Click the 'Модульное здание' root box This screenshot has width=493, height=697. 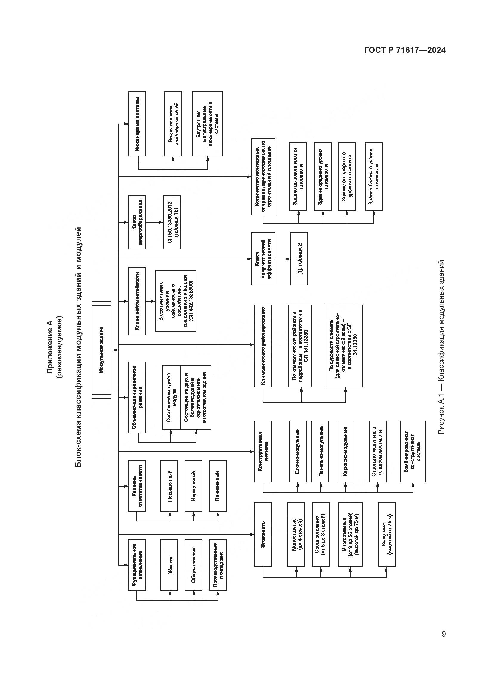[101, 350]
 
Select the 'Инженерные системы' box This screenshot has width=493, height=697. [137, 124]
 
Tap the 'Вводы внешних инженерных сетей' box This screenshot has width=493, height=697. [173, 124]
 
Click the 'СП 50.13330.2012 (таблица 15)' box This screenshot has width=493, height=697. [172, 222]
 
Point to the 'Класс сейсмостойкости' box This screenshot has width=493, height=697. [137, 301]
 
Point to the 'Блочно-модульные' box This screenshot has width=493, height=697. [298, 451]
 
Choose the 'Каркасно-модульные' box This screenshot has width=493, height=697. [345, 451]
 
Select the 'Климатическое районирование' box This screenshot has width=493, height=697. [263, 346]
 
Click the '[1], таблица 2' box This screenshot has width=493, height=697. [299, 259]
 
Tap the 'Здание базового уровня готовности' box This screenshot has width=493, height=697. [374, 176]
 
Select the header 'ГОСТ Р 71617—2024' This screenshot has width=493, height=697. [405, 50]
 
